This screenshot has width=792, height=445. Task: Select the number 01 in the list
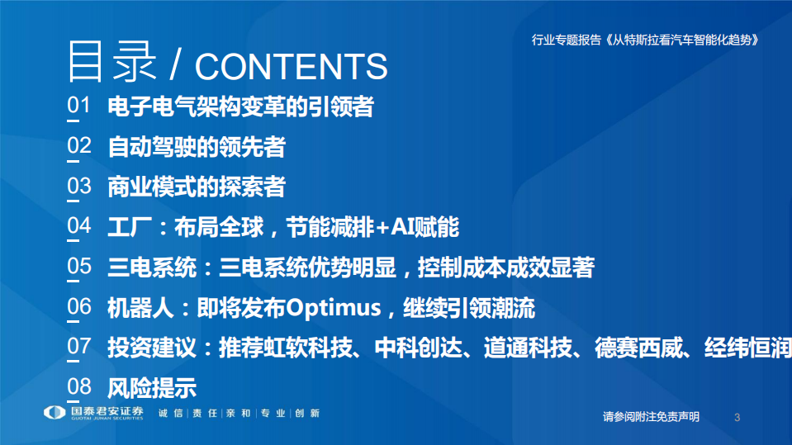tap(78, 107)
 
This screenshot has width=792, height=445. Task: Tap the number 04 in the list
tap(78, 226)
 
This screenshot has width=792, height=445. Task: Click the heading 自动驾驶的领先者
tap(197, 147)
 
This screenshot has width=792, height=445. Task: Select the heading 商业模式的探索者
tap(197, 187)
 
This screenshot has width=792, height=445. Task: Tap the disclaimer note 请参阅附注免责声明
tap(651, 417)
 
